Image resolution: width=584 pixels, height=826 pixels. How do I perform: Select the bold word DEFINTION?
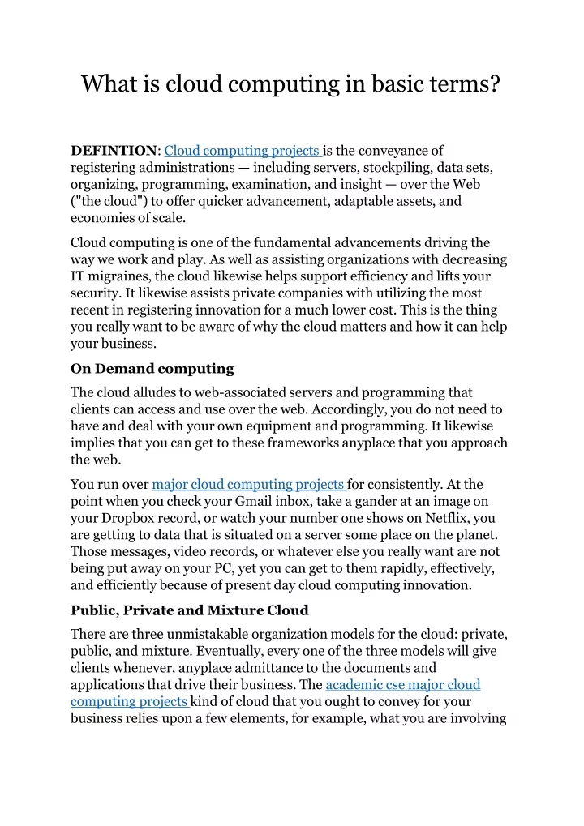coord(114,151)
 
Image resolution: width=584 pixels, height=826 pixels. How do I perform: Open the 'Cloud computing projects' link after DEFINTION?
coord(243,151)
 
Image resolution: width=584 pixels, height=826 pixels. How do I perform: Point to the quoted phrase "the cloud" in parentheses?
coord(102,202)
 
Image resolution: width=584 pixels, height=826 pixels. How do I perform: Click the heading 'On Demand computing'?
coord(152,369)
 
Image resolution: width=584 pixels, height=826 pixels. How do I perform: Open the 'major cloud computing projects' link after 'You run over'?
coord(249,485)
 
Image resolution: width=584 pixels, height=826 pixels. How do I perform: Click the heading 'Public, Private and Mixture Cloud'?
coord(189,610)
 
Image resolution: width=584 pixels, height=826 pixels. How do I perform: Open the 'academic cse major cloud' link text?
coord(402,685)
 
